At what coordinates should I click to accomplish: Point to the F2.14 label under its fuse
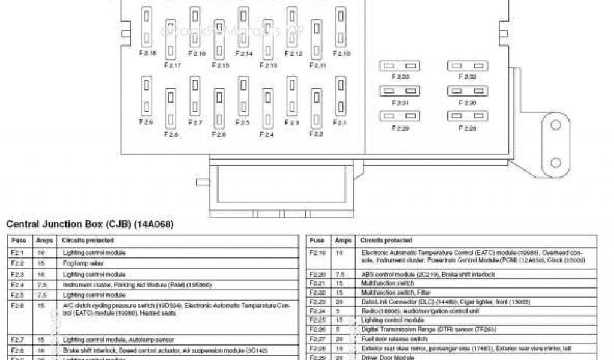[x=243, y=54]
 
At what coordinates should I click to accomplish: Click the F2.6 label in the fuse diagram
[x=219, y=135]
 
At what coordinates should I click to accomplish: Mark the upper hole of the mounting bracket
[x=556, y=125]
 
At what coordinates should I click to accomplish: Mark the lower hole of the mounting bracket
[x=556, y=162]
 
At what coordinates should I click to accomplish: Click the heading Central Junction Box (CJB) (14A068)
[x=89, y=224]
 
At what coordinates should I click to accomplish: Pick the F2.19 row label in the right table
[x=317, y=253]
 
